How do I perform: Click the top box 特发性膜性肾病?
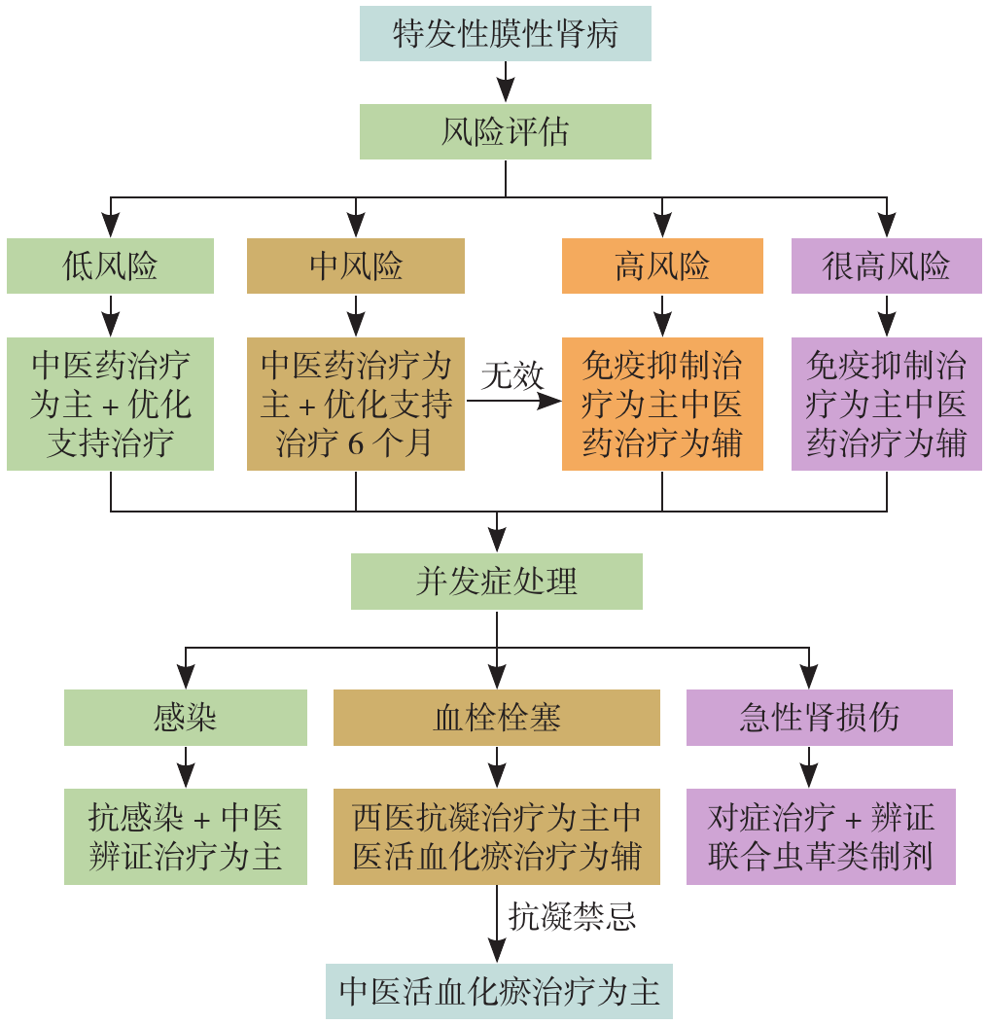tap(505, 34)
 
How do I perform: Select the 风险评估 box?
tap(505, 131)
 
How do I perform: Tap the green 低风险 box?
tap(110, 265)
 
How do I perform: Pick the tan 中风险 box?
tap(356, 265)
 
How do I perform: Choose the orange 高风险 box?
tap(662, 265)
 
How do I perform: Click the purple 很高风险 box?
tap(886, 265)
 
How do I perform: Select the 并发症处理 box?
tap(497, 582)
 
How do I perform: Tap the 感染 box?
tap(185, 718)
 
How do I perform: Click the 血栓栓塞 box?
tap(497, 718)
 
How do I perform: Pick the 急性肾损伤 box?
tap(819, 718)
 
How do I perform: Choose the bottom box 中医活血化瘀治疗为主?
tap(499, 991)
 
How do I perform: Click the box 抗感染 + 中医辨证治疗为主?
tap(185, 836)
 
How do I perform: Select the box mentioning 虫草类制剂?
tap(821, 836)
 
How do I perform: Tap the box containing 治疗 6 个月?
tap(356, 405)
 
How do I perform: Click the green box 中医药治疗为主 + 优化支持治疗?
tap(110, 405)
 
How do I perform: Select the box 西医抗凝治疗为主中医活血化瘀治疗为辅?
tap(497, 836)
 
